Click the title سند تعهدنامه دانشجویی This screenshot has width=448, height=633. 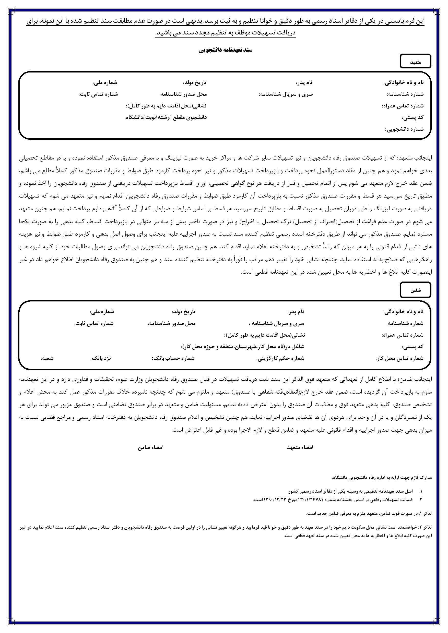225,51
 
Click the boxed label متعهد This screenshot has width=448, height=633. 415,62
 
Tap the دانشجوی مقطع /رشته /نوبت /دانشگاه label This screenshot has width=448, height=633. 166,117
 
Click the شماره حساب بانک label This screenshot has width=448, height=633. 173,358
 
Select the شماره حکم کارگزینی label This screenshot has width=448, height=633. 280,358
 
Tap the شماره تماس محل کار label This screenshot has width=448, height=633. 399,358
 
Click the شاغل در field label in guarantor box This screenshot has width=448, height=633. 243,347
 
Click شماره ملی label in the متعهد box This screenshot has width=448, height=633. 105,82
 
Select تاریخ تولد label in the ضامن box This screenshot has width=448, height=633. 183,312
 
